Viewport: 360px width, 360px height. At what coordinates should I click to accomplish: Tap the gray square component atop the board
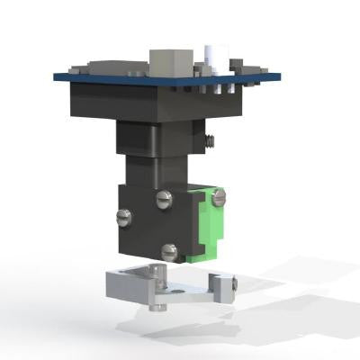pyautogui.click(x=168, y=62)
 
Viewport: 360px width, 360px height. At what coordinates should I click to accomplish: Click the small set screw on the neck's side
pyautogui.click(x=209, y=140)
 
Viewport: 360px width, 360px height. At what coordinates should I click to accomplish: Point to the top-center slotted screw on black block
pyautogui.click(x=163, y=199)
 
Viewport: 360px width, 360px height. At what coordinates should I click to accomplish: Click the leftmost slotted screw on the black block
pyautogui.click(x=123, y=217)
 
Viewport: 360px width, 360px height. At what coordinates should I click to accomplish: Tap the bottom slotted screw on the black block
pyautogui.click(x=169, y=252)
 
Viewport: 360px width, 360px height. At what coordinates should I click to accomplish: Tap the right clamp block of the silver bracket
pyautogui.click(x=218, y=286)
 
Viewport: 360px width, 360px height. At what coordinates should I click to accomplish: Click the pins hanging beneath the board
pyautogui.click(x=216, y=91)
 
